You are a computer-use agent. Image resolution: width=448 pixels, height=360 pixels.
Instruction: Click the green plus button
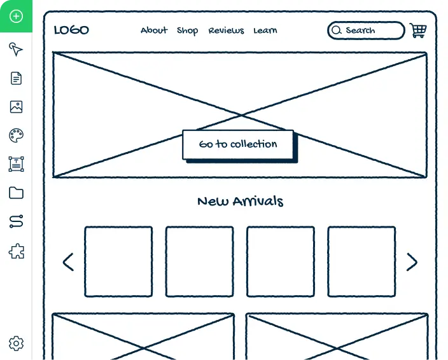(x=16, y=16)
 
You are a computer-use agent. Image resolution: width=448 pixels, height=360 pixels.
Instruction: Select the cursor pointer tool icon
(x=16, y=50)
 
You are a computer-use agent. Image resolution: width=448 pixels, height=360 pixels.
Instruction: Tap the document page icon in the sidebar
(x=16, y=78)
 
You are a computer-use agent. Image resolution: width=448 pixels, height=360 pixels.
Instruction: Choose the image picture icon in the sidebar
(x=16, y=107)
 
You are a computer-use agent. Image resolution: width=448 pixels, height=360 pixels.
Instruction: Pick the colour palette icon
(x=16, y=135)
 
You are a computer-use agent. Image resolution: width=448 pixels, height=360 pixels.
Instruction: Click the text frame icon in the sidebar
(x=17, y=164)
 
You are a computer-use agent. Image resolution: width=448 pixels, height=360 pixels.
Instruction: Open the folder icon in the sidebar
(x=17, y=193)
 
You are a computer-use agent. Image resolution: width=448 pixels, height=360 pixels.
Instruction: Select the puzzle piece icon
(x=17, y=251)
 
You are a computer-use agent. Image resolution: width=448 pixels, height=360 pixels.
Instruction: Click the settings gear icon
(x=16, y=343)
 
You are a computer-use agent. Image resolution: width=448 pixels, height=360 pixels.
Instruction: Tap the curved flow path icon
(x=17, y=221)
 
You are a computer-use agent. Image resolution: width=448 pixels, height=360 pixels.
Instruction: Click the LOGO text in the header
(x=71, y=30)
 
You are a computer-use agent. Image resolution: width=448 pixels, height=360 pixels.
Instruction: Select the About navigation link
(x=154, y=30)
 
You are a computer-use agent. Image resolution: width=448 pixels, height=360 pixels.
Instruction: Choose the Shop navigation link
(x=188, y=31)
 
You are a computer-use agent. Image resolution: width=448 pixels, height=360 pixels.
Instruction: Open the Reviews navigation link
(x=227, y=31)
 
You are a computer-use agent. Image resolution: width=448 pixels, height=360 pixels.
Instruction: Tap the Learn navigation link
(x=265, y=31)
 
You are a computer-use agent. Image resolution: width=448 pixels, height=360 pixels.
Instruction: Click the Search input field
(x=366, y=31)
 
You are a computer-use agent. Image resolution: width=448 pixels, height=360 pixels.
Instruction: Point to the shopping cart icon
(x=418, y=31)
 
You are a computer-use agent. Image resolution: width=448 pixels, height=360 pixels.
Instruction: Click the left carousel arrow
(x=68, y=262)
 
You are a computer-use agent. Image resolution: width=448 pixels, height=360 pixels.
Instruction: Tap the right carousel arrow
(x=412, y=262)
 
